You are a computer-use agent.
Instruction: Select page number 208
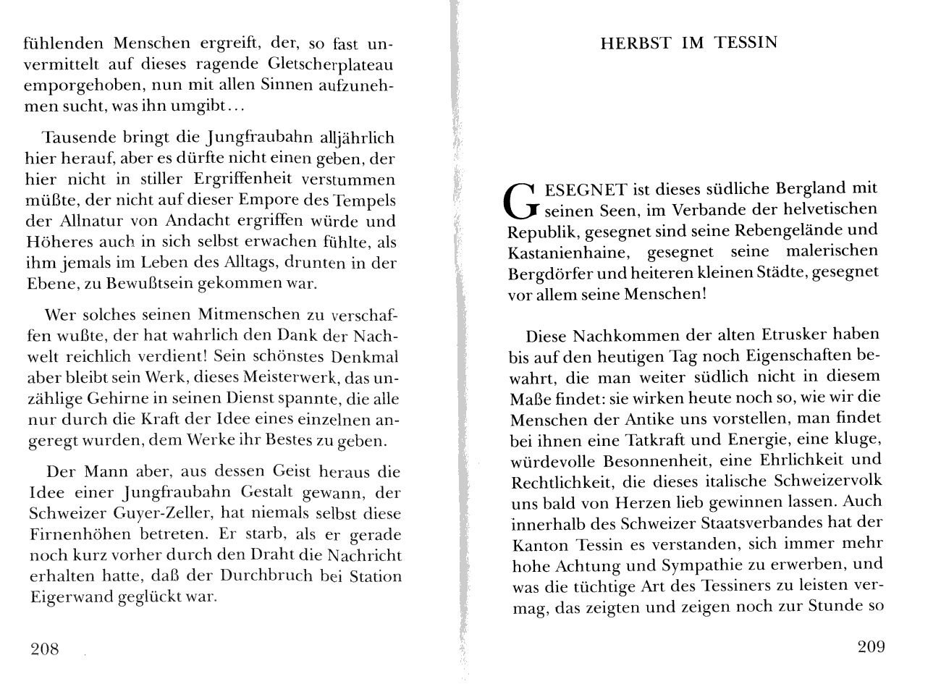pos(44,649)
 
